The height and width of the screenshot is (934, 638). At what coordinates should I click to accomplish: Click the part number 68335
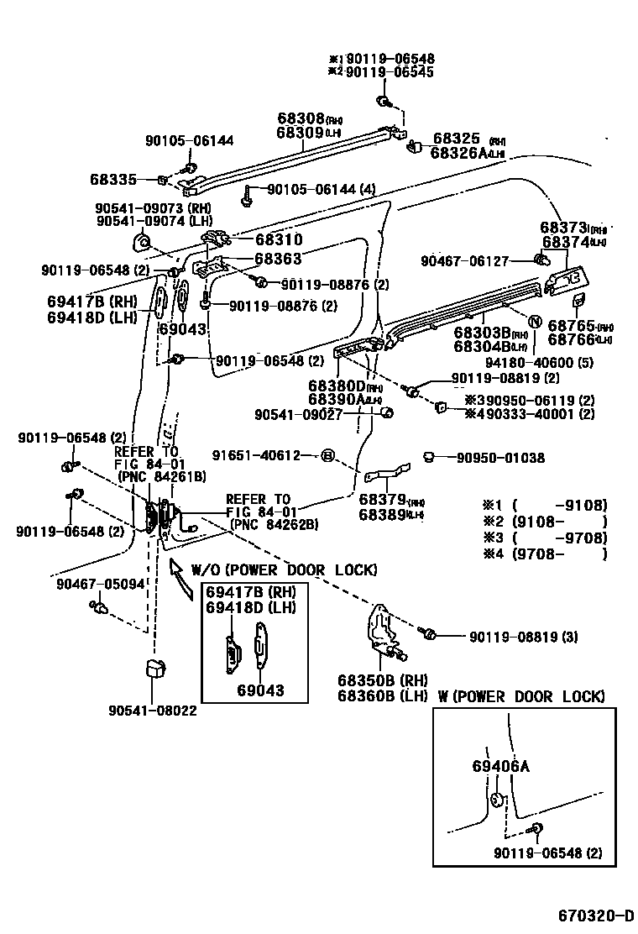coord(112,179)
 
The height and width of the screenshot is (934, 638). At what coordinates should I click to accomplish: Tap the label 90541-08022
coord(152,711)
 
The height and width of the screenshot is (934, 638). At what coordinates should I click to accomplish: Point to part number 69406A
coord(500,766)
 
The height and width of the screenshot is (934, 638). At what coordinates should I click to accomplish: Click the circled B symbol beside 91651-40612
coord(328,455)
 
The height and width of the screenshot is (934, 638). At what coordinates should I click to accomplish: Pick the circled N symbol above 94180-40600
coord(532,320)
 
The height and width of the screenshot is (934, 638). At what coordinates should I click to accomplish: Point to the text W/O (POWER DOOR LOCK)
coord(284,570)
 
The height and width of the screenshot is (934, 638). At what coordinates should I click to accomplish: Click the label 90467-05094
coord(102,583)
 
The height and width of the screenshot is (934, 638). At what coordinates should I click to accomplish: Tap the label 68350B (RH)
coord(383,680)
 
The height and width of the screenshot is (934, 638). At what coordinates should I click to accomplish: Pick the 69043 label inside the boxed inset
coord(259,690)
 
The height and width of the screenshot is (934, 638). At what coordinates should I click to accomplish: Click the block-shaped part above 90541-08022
coord(154,669)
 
